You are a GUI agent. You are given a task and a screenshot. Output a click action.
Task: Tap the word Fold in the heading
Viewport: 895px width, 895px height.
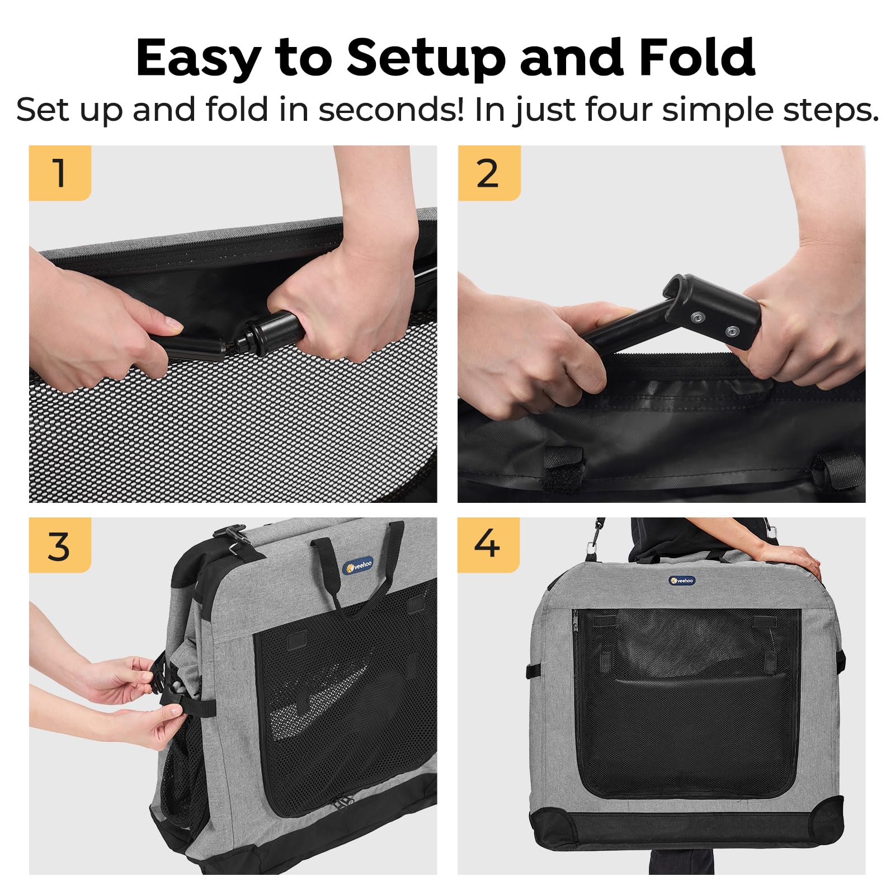click(x=697, y=58)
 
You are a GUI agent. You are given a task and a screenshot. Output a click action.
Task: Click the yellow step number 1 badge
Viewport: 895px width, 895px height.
click(x=60, y=173)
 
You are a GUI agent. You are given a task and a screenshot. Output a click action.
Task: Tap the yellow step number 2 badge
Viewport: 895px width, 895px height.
click(x=488, y=173)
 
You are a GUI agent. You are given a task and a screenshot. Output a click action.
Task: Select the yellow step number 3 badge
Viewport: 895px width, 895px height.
click(x=60, y=545)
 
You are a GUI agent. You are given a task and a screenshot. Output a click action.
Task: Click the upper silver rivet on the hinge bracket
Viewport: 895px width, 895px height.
click(x=697, y=318)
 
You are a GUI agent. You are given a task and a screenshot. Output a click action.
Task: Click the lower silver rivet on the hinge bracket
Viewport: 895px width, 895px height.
click(x=731, y=332)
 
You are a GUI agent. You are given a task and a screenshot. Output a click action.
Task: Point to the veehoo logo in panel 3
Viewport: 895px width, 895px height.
click(x=358, y=566)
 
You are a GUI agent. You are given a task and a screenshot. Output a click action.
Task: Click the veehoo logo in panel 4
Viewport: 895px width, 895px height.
click(x=682, y=581)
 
